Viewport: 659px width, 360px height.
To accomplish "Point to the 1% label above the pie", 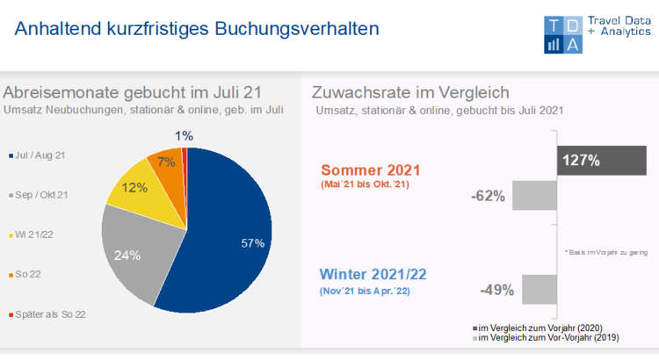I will click(x=185, y=136).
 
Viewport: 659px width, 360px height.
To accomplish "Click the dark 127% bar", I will click(x=601, y=160).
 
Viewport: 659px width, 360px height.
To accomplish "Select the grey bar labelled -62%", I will click(x=534, y=196).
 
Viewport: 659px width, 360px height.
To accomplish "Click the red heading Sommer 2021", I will click(x=371, y=169).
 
